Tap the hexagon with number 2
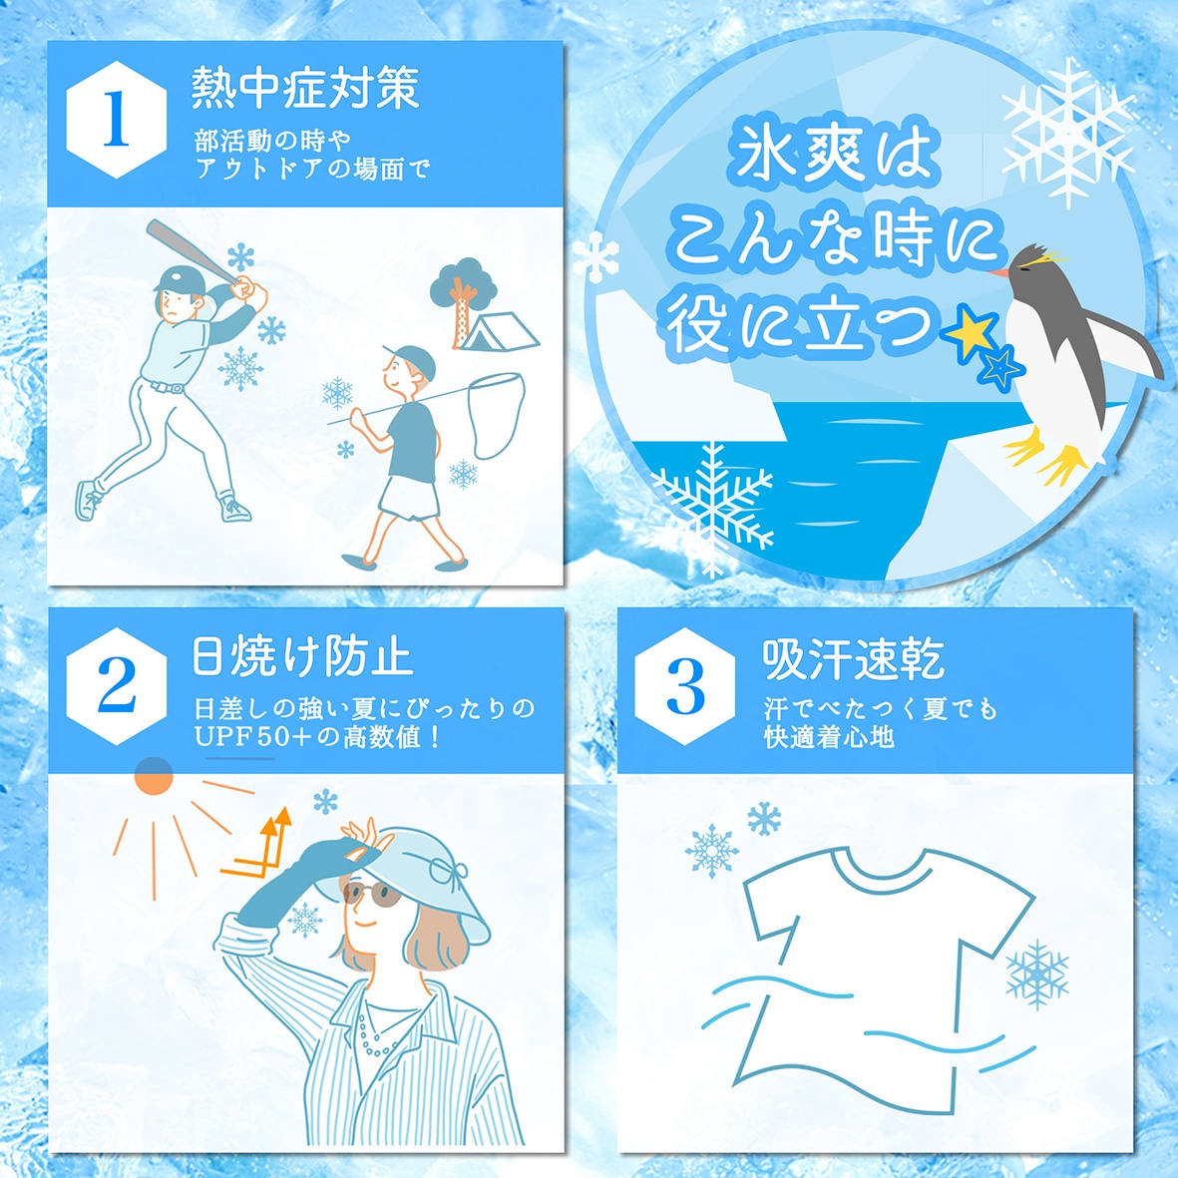point(117,687)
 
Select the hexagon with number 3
point(684,687)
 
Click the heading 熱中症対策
point(305,87)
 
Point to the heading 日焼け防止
point(301,655)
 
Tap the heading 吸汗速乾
point(853,657)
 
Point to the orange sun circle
point(154,774)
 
